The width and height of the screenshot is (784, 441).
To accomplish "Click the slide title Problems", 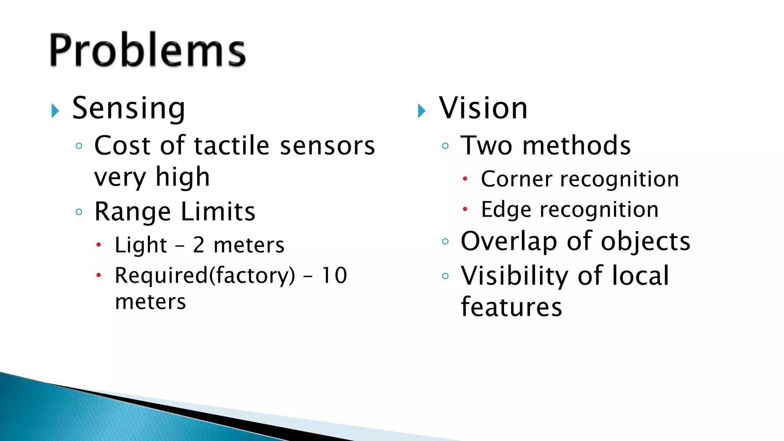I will click(x=147, y=50).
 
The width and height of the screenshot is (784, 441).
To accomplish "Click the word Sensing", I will click(x=129, y=109).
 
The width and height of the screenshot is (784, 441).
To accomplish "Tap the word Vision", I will click(x=483, y=108).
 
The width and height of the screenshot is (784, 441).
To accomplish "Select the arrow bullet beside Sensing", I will click(x=56, y=111).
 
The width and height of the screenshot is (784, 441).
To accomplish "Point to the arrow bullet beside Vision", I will click(x=421, y=111).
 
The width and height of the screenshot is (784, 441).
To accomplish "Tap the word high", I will click(x=183, y=177).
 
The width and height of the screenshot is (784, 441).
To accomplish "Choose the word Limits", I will click(x=218, y=212).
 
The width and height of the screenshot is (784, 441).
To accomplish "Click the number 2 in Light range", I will click(x=199, y=245).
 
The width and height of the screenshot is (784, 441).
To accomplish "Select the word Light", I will click(x=141, y=245).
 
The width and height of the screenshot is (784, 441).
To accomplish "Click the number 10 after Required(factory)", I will click(x=334, y=275).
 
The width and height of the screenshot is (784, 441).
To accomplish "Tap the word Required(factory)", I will click(x=205, y=276).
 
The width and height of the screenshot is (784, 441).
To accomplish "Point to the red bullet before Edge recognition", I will click(x=465, y=209).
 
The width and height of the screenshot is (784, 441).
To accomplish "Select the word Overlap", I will click(x=509, y=242).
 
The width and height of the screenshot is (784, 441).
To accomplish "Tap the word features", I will click(x=511, y=307).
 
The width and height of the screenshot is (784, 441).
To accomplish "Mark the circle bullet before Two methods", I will click(x=445, y=145).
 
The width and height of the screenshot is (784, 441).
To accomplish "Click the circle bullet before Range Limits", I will click(x=79, y=212).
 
